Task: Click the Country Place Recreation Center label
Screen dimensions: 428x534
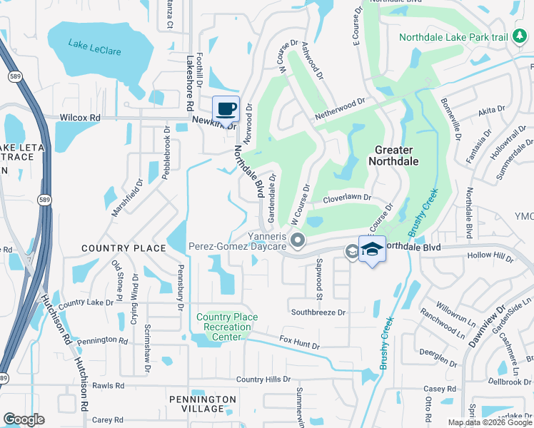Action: point(227,327)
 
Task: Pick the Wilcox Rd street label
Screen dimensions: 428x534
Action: point(80,117)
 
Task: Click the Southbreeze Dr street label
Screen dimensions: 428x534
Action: point(318,312)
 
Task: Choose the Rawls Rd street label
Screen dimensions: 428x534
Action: point(109,386)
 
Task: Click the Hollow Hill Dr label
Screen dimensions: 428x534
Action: point(490,256)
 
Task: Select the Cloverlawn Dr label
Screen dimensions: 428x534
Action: point(348,198)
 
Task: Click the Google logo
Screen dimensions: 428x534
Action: point(24,419)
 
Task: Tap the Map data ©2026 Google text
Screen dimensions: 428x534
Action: point(489,422)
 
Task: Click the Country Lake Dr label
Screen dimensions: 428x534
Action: point(86,303)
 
